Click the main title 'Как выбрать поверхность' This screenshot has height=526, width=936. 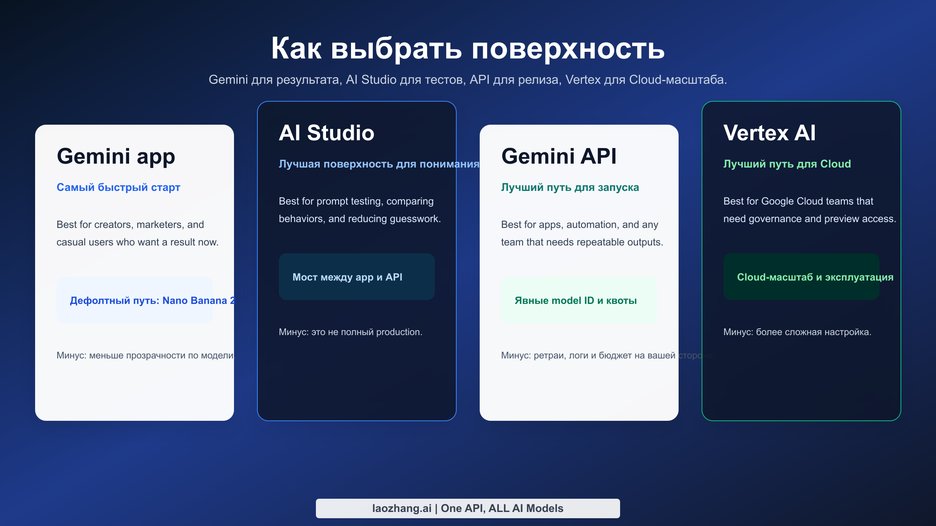point(468,48)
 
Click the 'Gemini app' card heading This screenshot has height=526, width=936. point(116,156)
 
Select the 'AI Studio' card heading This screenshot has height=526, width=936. point(326,133)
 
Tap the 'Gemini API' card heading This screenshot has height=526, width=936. point(558,156)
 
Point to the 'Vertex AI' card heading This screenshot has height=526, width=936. point(769,133)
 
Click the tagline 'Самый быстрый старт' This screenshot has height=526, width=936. point(118,187)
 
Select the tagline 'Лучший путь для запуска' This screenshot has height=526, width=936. point(570,187)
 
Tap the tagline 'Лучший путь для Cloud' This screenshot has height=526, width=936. point(787,164)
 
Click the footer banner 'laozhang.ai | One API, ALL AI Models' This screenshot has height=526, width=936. point(468,508)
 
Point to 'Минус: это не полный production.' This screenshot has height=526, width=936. point(350,332)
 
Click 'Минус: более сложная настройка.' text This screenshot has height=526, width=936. point(797,332)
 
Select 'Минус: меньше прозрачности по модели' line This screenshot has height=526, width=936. point(145,355)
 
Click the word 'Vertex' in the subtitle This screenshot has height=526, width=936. point(583,79)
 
